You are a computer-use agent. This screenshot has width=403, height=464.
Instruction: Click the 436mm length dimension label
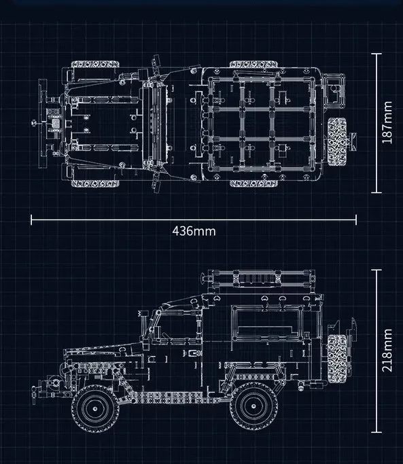click(x=194, y=231)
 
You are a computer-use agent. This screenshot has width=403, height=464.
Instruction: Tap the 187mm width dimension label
click(x=387, y=122)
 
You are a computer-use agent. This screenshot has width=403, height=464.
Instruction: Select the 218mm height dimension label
click(x=387, y=351)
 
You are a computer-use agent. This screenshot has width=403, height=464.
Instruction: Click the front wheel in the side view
click(x=95, y=408)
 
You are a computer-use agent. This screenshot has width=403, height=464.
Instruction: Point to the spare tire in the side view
click(x=337, y=359)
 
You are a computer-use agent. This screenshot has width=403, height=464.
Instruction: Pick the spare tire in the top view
click(x=337, y=141)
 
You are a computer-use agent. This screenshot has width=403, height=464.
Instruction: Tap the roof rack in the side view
click(x=258, y=279)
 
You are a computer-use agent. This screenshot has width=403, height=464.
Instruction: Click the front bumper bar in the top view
click(x=43, y=124)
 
